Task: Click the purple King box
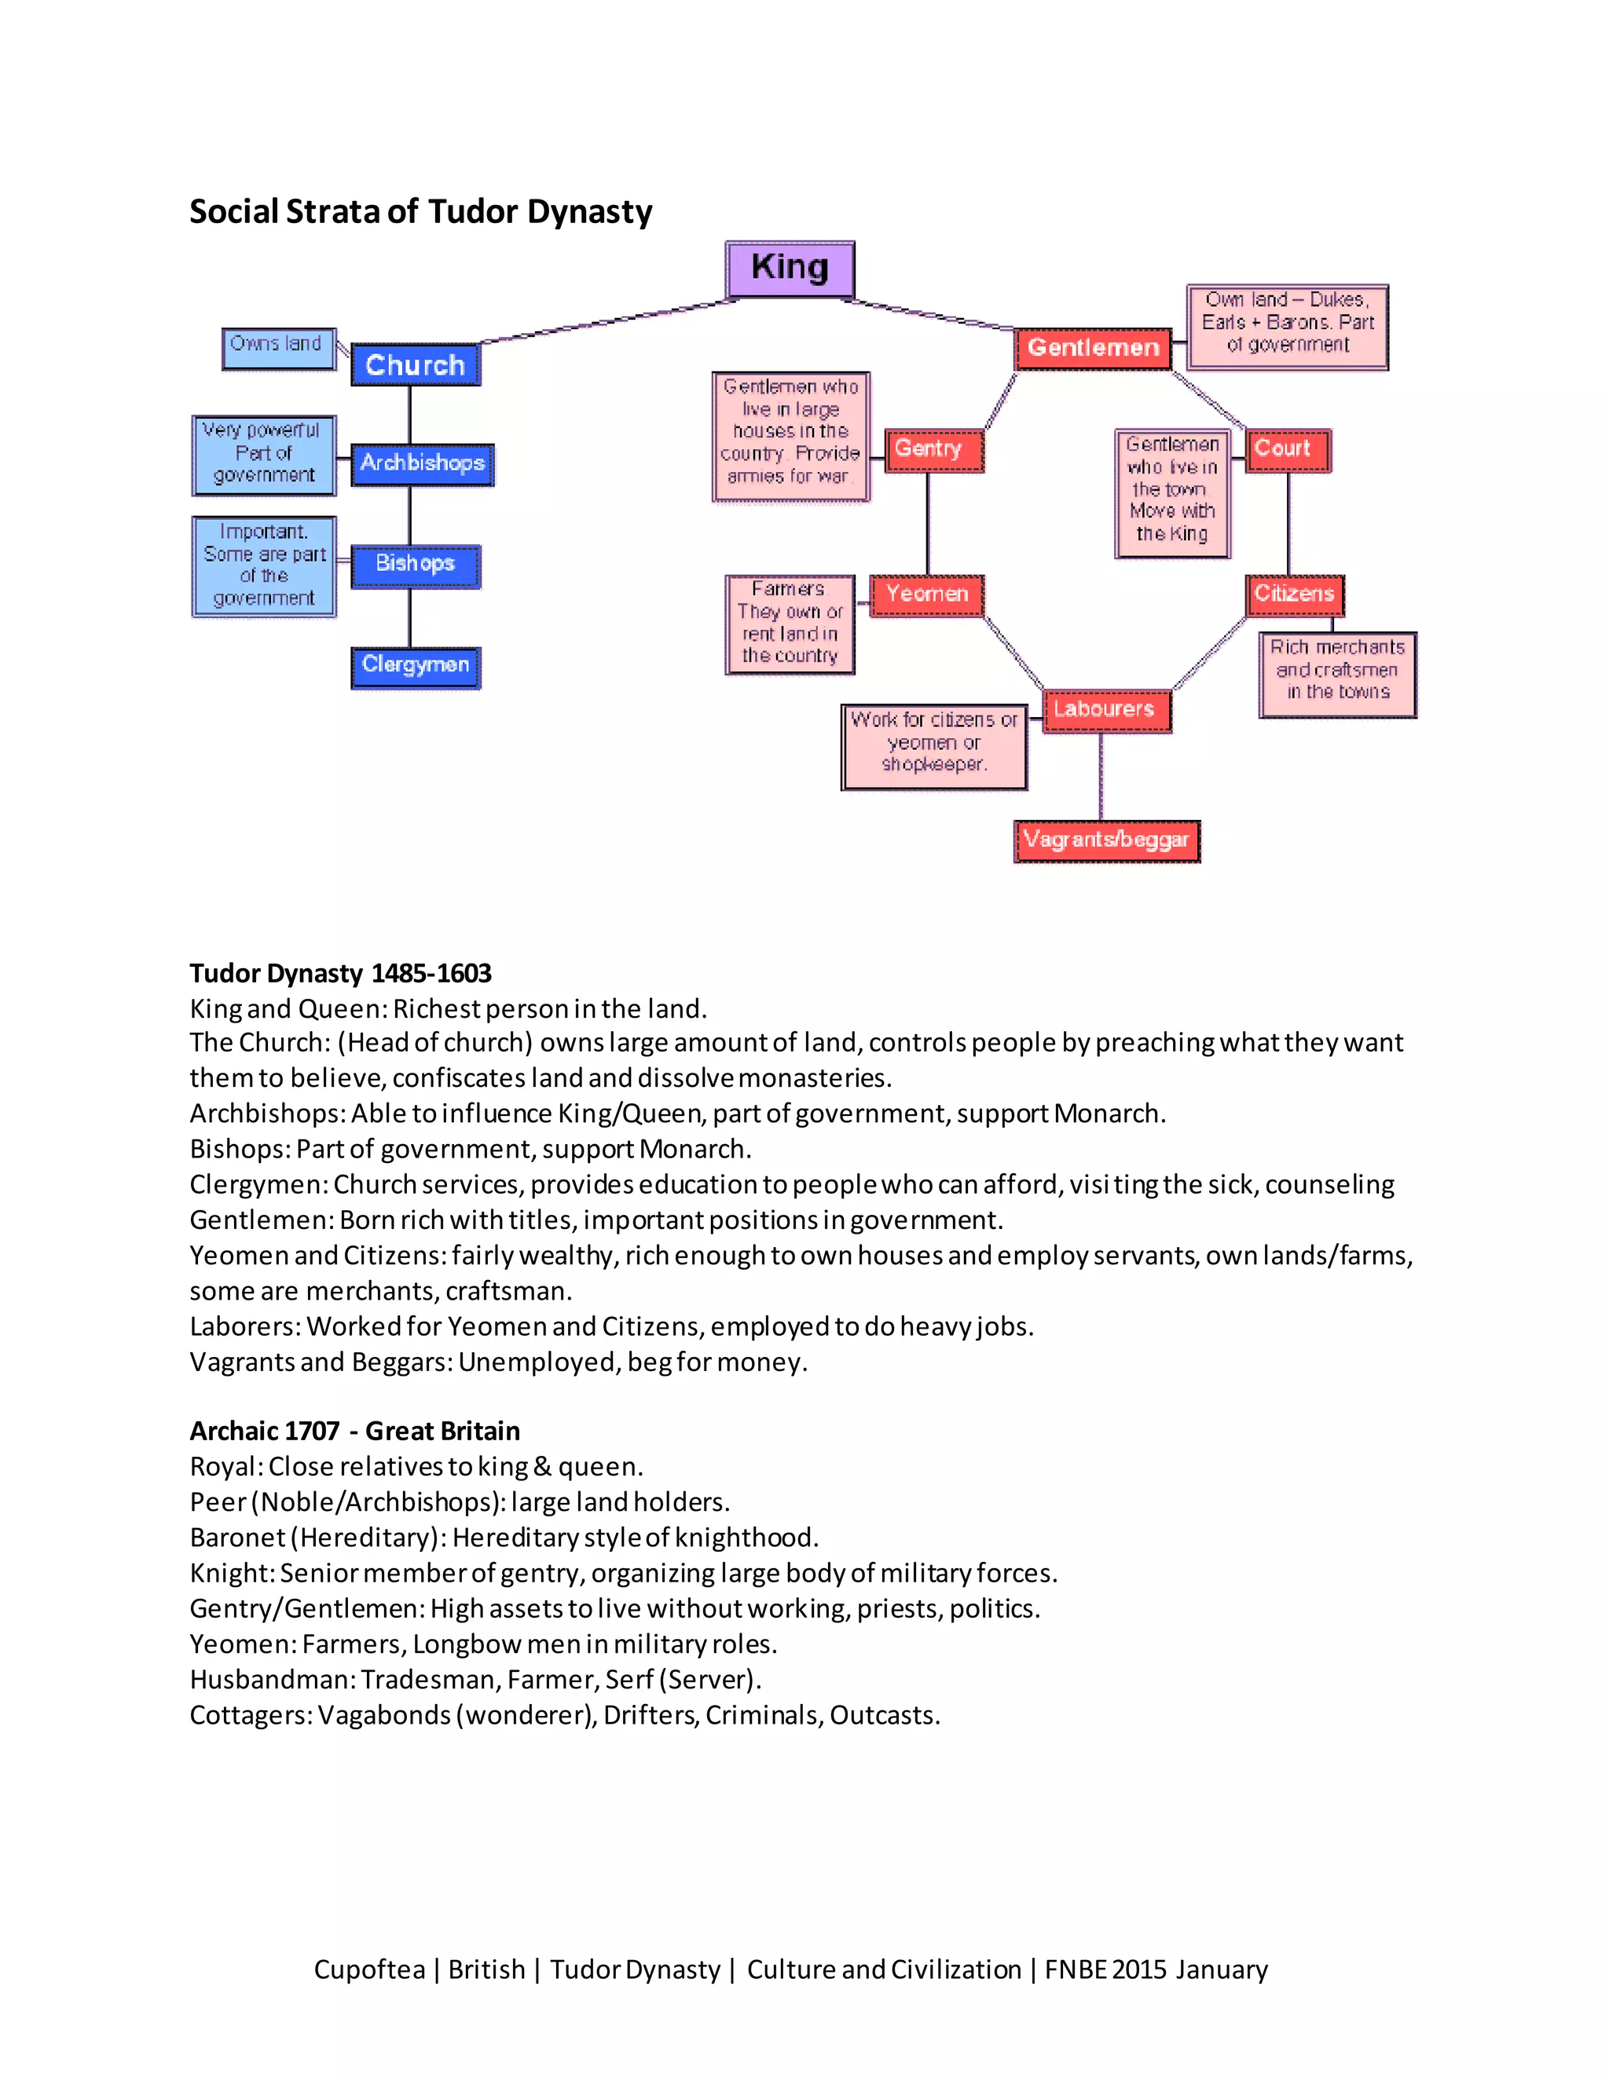tap(790, 269)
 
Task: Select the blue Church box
tap(415, 365)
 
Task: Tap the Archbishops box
tap(421, 464)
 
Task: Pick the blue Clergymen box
tap(415, 666)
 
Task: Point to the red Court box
tap(1287, 450)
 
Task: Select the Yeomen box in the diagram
tap(925, 594)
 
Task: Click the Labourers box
tap(1105, 710)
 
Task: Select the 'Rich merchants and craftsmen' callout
tap(1336, 673)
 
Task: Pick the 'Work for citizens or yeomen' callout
tap(933, 746)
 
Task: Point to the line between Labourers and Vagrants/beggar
tap(1101, 777)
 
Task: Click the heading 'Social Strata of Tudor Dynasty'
tap(420, 211)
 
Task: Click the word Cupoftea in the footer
tap(369, 1969)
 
